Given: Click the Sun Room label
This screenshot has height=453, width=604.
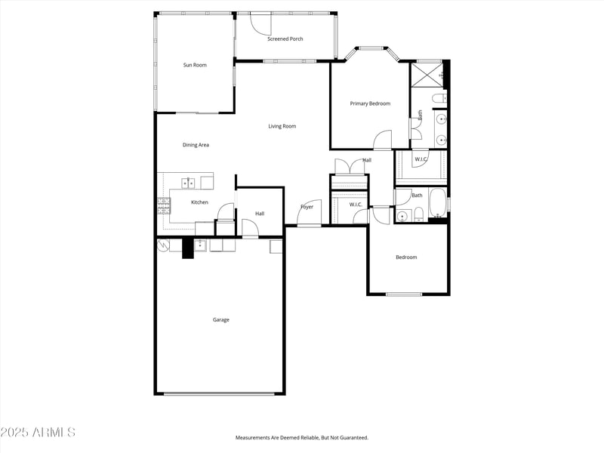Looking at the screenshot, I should [x=195, y=65].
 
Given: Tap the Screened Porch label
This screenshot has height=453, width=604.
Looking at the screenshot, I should [x=285, y=39].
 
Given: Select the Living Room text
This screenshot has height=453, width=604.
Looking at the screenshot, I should [x=282, y=126].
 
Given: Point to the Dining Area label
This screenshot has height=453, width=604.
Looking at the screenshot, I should [x=196, y=145].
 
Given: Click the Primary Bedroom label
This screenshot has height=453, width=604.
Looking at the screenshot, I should [x=370, y=103].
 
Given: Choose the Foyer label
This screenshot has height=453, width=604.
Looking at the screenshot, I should [x=307, y=207].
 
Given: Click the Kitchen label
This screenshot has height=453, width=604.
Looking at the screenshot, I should [x=199, y=202].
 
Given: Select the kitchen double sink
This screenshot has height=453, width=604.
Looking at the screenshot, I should [x=188, y=182].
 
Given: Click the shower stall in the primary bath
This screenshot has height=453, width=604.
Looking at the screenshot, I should [x=427, y=75].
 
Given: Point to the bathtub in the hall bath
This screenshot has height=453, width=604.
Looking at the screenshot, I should [x=438, y=202].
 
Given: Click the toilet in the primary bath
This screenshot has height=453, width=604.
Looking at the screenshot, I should [x=437, y=100].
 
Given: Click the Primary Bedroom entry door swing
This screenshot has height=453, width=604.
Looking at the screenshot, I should [x=383, y=140].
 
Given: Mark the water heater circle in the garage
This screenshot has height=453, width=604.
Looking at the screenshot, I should [x=162, y=245].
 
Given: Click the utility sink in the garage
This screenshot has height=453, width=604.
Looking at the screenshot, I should [x=200, y=245].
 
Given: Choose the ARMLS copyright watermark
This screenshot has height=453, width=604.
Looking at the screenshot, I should [x=38, y=433].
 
